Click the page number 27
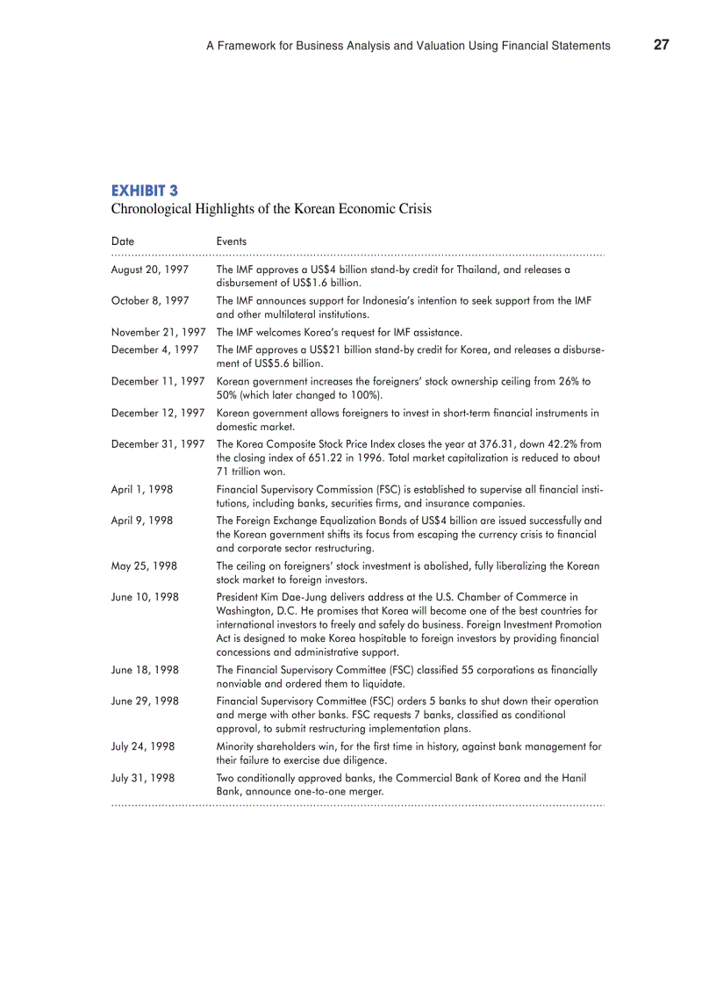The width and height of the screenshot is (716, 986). tap(661, 45)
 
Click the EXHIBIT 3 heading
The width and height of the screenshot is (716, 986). tap(145, 190)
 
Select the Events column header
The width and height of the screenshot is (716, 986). tap(231, 241)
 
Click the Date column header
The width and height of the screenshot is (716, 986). tap(123, 241)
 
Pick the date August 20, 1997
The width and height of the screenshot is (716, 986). tap(150, 270)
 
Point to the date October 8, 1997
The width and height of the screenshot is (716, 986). tap(150, 301)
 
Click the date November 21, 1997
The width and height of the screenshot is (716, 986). tap(158, 332)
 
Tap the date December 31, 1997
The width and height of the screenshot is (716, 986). tap(158, 444)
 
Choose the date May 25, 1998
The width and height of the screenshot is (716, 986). tap(144, 566)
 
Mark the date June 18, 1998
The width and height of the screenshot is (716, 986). tap(145, 670)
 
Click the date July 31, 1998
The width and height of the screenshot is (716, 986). tap(143, 778)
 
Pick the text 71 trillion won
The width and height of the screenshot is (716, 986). tap(250, 471)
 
